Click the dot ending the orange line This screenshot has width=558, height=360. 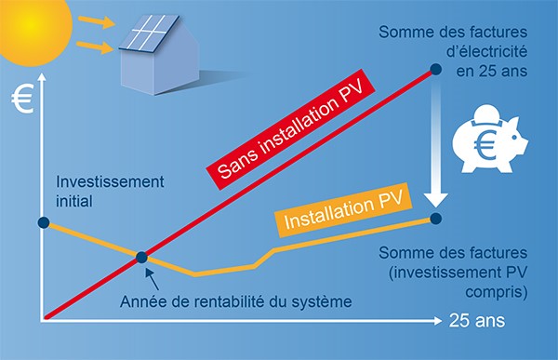pos(436,219)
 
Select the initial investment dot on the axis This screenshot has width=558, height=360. pos(43,222)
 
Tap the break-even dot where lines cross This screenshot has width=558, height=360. pos(140,258)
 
